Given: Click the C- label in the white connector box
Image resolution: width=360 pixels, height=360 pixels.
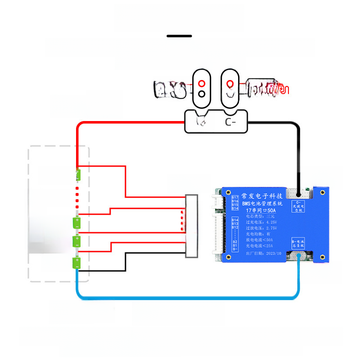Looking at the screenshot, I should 230,122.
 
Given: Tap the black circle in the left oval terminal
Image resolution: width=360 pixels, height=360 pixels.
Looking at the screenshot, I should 202,94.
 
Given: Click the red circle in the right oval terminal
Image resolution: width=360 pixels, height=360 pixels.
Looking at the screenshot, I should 230,84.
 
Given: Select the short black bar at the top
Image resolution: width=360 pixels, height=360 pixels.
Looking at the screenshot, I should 179,36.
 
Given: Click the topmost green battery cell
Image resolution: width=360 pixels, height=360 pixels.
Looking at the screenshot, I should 78,173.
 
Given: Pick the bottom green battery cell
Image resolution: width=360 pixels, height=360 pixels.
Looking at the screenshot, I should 77,263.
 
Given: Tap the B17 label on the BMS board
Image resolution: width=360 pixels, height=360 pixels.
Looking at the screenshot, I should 235,198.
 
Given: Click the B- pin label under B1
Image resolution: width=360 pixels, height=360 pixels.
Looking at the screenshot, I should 235,249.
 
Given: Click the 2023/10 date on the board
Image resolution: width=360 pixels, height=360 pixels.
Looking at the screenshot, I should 274,253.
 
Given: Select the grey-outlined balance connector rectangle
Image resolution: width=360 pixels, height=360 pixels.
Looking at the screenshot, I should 192,226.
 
